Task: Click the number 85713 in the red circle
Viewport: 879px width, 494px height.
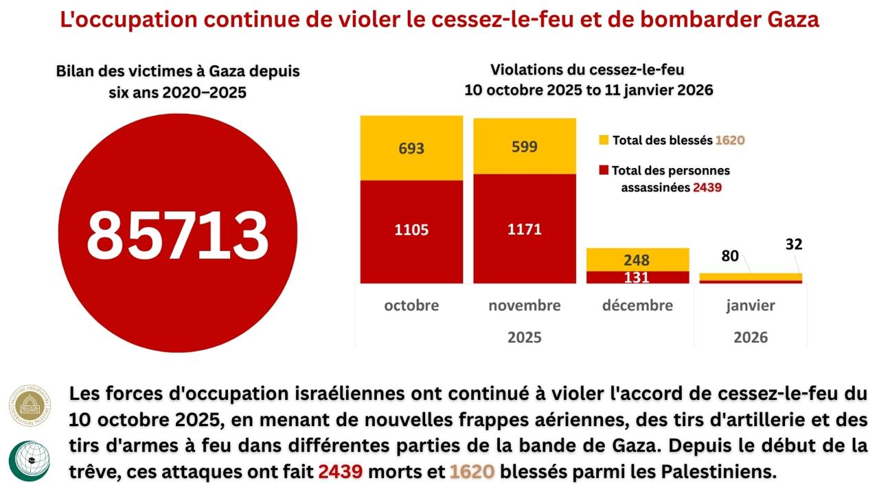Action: tap(177, 234)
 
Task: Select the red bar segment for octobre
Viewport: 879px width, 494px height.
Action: tap(411, 231)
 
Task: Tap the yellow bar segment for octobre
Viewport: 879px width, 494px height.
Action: tap(411, 148)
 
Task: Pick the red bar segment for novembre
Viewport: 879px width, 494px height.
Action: tap(524, 228)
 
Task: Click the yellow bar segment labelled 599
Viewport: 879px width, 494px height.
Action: tap(524, 146)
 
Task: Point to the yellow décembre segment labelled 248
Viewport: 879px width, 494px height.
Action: tap(637, 260)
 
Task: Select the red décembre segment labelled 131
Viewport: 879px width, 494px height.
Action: tap(637, 277)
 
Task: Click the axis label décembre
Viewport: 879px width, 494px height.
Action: tap(637, 305)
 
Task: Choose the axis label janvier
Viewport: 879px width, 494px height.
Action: tap(751, 305)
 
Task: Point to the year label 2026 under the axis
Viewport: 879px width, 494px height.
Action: tap(751, 338)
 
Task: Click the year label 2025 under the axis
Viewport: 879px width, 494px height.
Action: tap(524, 338)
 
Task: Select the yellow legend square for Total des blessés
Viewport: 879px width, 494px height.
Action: tap(604, 140)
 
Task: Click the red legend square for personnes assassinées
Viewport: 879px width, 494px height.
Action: tap(604, 170)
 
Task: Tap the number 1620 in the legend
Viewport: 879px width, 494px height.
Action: tap(730, 140)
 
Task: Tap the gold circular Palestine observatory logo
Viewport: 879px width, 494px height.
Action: tap(30, 405)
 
